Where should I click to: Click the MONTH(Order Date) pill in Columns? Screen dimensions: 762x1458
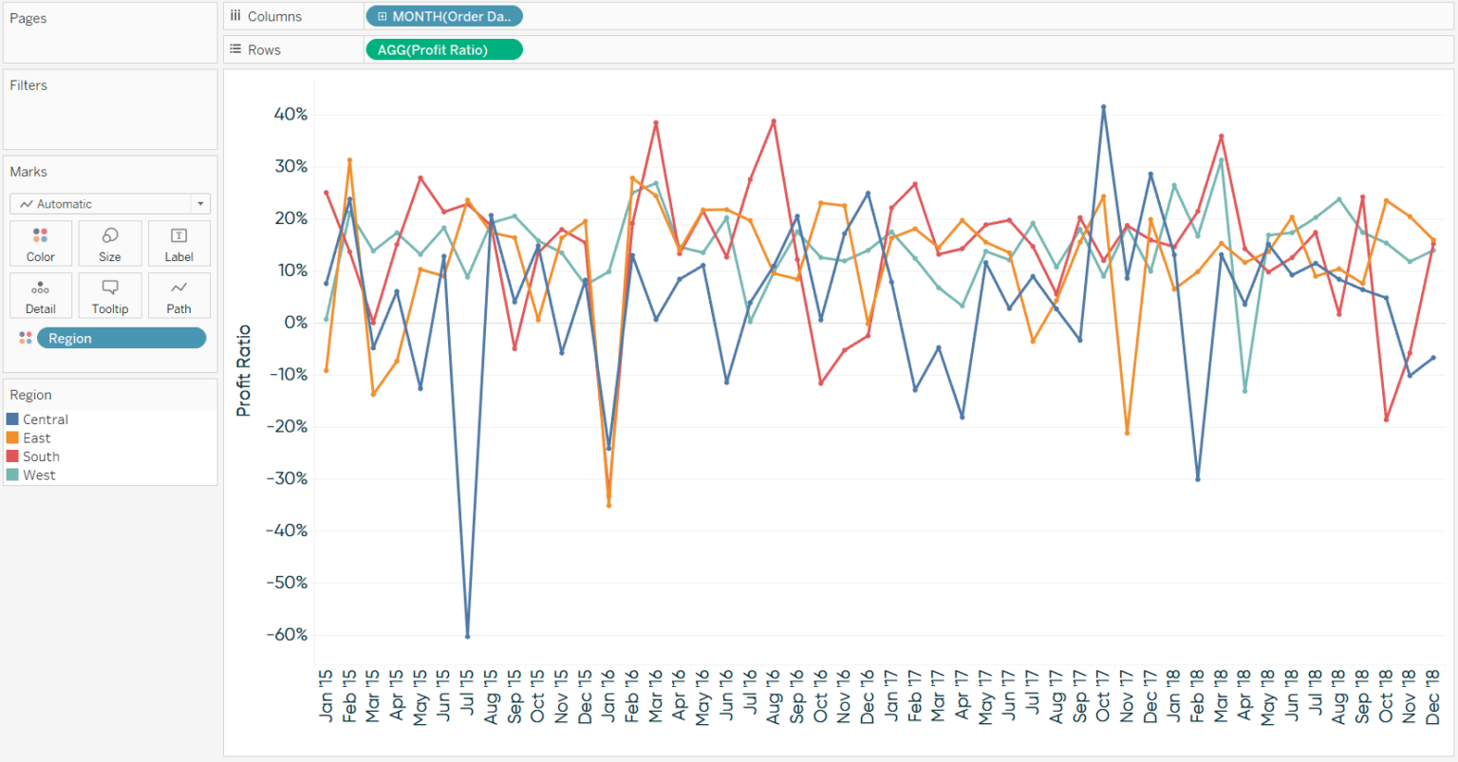pos(443,16)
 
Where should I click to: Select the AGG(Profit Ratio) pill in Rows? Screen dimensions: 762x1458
pos(443,49)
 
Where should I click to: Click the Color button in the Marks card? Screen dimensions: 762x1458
pos(41,244)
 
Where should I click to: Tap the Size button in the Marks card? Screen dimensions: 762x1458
pos(110,244)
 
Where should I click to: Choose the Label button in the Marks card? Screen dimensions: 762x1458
pos(178,244)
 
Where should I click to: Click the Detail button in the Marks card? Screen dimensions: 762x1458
pos(41,296)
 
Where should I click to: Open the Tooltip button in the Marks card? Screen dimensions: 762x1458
pos(110,296)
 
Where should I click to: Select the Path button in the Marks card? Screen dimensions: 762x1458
pos(178,296)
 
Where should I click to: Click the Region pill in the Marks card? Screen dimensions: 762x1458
pos(121,339)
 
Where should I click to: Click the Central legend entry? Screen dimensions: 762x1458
pos(45,419)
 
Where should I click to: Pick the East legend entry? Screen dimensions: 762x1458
pos(36,438)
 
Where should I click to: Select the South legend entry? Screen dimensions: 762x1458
pos(41,456)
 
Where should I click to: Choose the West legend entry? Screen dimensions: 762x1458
pos(39,475)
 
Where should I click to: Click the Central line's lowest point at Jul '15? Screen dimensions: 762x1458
pos(467,636)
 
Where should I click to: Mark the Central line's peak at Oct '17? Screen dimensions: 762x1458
pos(1103,107)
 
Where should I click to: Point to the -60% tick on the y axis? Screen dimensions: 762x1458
pos(287,635)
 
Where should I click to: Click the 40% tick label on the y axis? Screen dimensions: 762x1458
pos(290,115)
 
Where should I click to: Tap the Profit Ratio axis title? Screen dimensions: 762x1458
pos(244,370)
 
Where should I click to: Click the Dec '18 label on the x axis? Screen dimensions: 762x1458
pos(1433,697)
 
